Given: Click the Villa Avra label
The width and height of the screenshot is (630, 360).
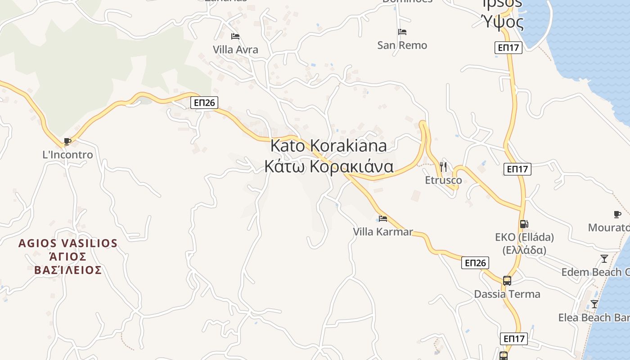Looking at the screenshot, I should click(235, 49).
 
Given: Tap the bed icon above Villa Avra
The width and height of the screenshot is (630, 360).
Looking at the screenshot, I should click(235, 36).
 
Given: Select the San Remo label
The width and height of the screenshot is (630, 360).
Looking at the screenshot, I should click(402, 45).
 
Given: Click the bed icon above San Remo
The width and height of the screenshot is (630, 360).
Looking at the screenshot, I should click(402, 32).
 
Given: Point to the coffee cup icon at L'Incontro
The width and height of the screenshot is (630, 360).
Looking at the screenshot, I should click(67, 142).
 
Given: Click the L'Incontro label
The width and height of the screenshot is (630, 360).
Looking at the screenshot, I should click(67, 155).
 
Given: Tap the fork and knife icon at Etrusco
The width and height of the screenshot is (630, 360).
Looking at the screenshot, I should click(443, 167).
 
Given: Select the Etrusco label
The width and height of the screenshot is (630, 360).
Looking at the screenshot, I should click(443, 180).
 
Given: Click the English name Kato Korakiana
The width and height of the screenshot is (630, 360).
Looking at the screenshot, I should click(328, 146).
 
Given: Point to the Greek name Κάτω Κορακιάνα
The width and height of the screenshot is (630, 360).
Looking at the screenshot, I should click(328, 166).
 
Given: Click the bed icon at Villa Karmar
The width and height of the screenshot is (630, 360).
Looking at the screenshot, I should click(383, 219).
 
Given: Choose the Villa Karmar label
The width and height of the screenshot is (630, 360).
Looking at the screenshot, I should click(383, 232).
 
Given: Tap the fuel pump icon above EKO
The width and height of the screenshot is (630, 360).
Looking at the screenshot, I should click(524, 224).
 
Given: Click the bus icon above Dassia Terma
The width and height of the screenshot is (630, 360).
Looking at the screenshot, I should click(507, 281).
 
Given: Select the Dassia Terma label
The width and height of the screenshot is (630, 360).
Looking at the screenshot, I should click(507, 294).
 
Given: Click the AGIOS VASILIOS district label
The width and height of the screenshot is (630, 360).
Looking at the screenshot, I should click(67, 243).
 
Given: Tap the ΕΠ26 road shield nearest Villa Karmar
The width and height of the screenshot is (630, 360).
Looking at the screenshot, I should click(475, 263).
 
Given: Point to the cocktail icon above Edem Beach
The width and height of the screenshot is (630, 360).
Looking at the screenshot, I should click(604, 259).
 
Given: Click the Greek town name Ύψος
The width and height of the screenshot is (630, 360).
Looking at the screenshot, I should click(503, 21).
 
